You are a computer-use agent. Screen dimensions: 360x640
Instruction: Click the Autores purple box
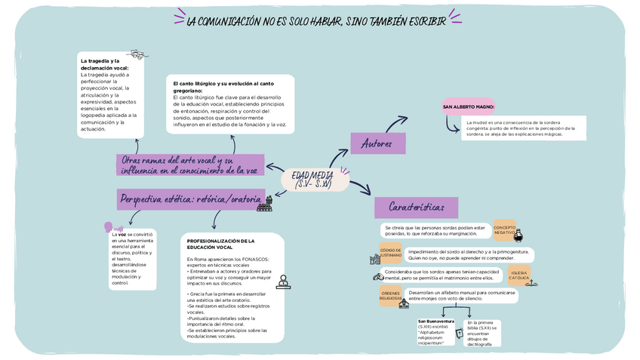click(377, 143)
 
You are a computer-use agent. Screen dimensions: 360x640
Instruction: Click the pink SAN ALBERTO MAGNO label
click(469, 107)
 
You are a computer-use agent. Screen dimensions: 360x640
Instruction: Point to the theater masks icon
click(136, 54)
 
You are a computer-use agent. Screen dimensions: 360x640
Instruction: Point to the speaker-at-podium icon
click(283, 282)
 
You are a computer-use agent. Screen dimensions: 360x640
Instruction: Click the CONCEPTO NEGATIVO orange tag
click(505, 229)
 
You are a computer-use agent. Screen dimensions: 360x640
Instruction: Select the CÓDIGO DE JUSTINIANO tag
click(391, 253)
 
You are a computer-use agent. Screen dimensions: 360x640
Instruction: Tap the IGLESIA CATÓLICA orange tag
click(519, 275)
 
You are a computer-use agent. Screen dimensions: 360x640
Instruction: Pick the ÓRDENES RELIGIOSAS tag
click(391, 296)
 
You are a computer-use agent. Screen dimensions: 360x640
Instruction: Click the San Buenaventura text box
click(436, 331)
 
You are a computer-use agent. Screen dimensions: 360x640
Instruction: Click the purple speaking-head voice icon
click(110, 227)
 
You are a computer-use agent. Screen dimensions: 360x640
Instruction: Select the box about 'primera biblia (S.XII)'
click(482, 333)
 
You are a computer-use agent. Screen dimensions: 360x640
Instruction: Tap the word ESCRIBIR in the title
click(428, 20)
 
